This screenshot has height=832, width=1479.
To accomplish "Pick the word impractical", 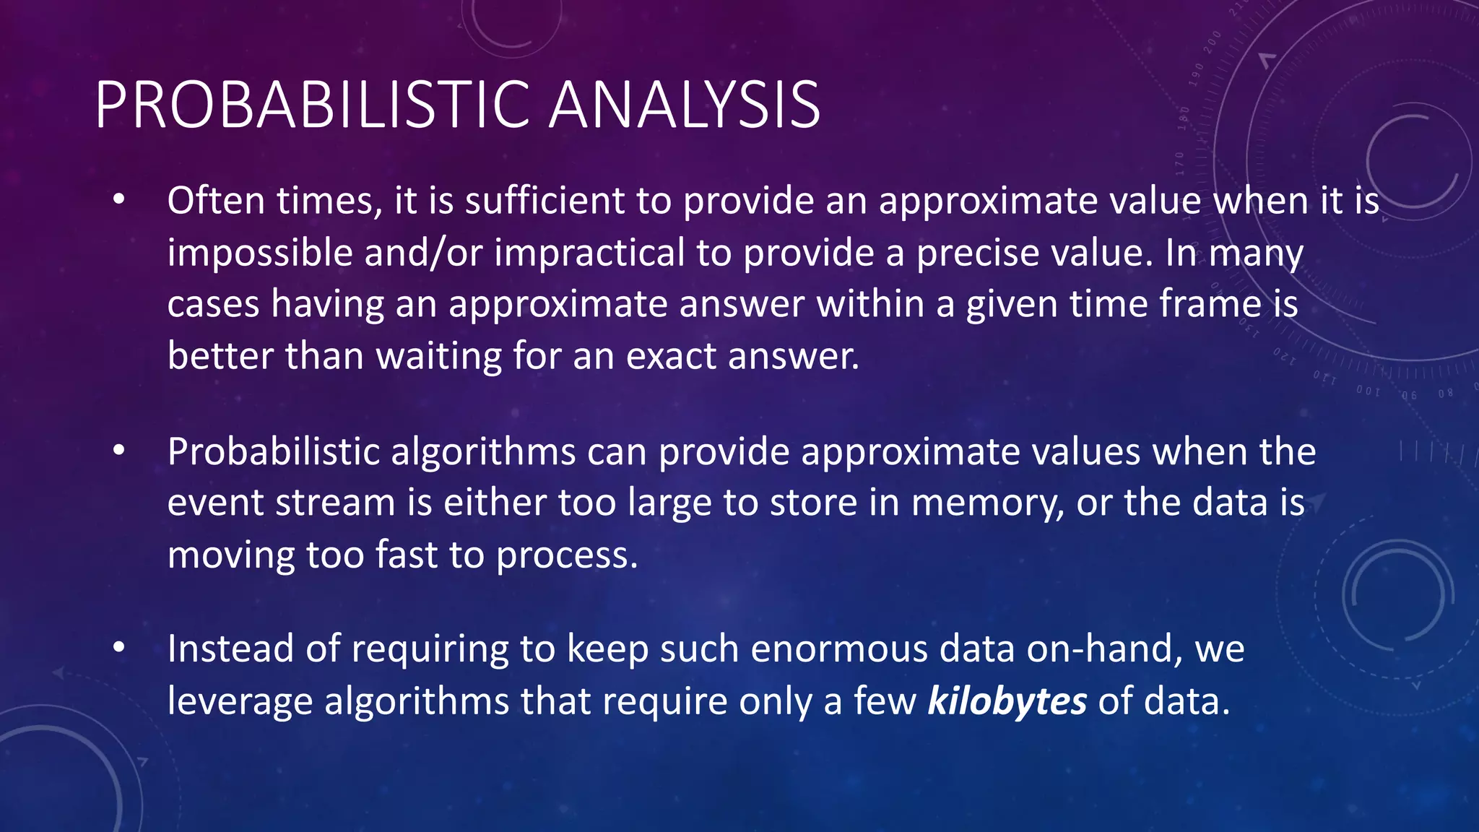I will pos(589,253).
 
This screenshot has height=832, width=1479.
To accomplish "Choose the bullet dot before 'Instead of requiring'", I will pos(119,647).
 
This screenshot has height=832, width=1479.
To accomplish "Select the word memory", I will pos(987,504).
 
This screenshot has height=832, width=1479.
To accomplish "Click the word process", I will pos(567,556).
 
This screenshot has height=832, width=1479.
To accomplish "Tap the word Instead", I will pos(230,648).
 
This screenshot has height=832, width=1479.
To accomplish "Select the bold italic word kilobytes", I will pos(1007,701).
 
